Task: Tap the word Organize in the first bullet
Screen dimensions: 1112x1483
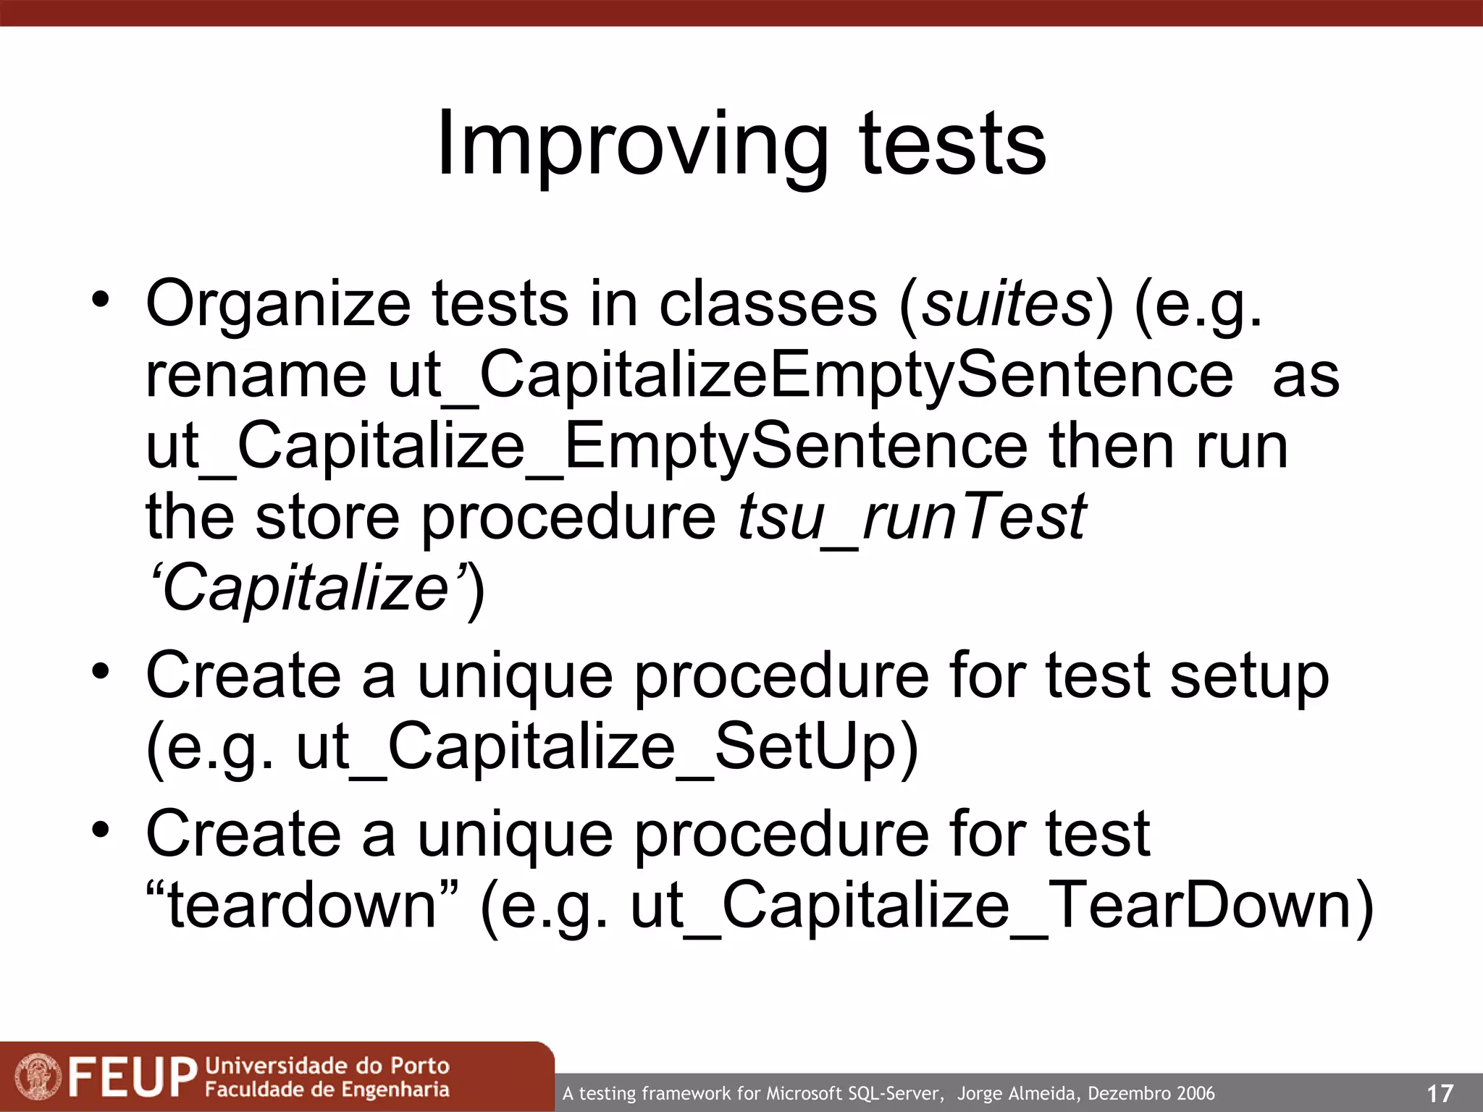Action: [x=278, y=304]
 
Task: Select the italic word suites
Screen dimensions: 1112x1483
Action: [x=1006, y=304]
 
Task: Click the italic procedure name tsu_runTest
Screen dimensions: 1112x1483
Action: [x=912, y=517]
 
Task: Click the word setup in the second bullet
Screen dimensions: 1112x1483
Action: [x=1249, y=675]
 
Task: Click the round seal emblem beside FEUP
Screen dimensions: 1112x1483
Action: [x=39, y=1077]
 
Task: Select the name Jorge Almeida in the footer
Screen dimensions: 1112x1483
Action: [x=1017, y=1093]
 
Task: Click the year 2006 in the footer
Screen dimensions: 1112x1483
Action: [x=1195, y=1093]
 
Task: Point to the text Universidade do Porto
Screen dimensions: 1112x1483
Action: [x=327, y=1065]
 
